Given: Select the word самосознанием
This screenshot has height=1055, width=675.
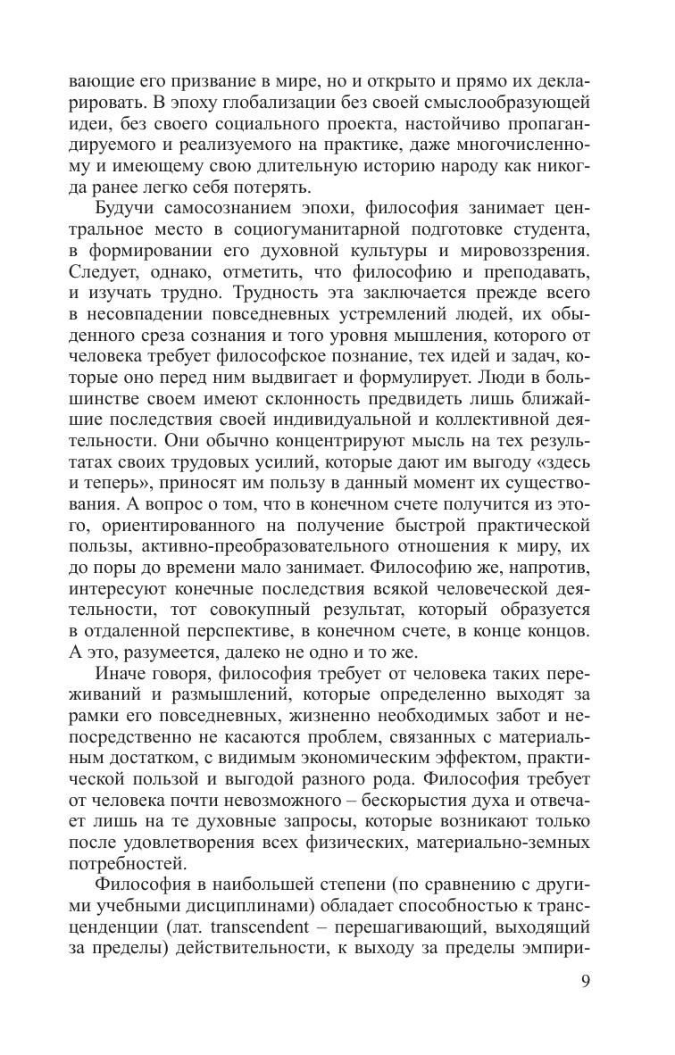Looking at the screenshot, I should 232,209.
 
